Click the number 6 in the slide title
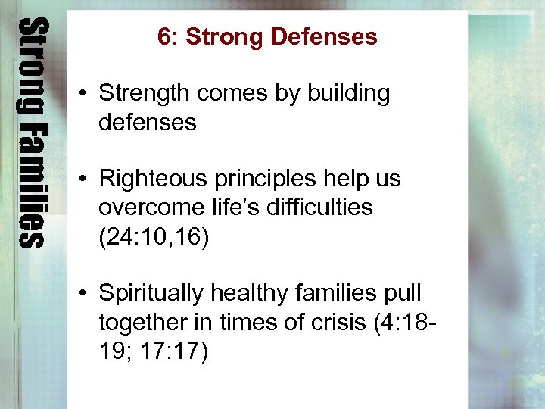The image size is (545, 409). point(163,36)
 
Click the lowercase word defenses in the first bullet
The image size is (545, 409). point(147,122)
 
